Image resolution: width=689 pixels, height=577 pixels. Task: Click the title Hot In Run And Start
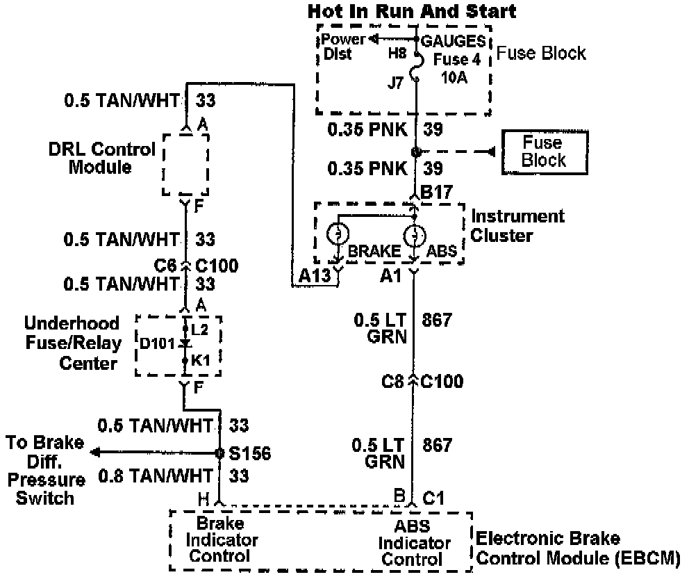tap(412, 11)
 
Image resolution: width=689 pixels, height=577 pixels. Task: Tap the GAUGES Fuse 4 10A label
tap(451, 59)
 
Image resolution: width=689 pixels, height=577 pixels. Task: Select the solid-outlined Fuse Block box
tap(544, 152)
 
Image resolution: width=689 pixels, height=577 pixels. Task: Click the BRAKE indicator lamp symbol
tap(337, 234)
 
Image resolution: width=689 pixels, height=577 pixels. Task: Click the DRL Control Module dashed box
tap(185, 165)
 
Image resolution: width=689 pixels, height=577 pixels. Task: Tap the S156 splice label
tap(249, 454)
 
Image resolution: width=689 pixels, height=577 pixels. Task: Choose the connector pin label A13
tap(314, 277)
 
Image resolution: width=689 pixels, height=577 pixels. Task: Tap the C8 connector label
tap(393, 382)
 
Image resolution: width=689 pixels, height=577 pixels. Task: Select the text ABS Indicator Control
tap(413, 543)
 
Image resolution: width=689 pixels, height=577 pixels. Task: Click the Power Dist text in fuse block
tap(338, 46)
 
